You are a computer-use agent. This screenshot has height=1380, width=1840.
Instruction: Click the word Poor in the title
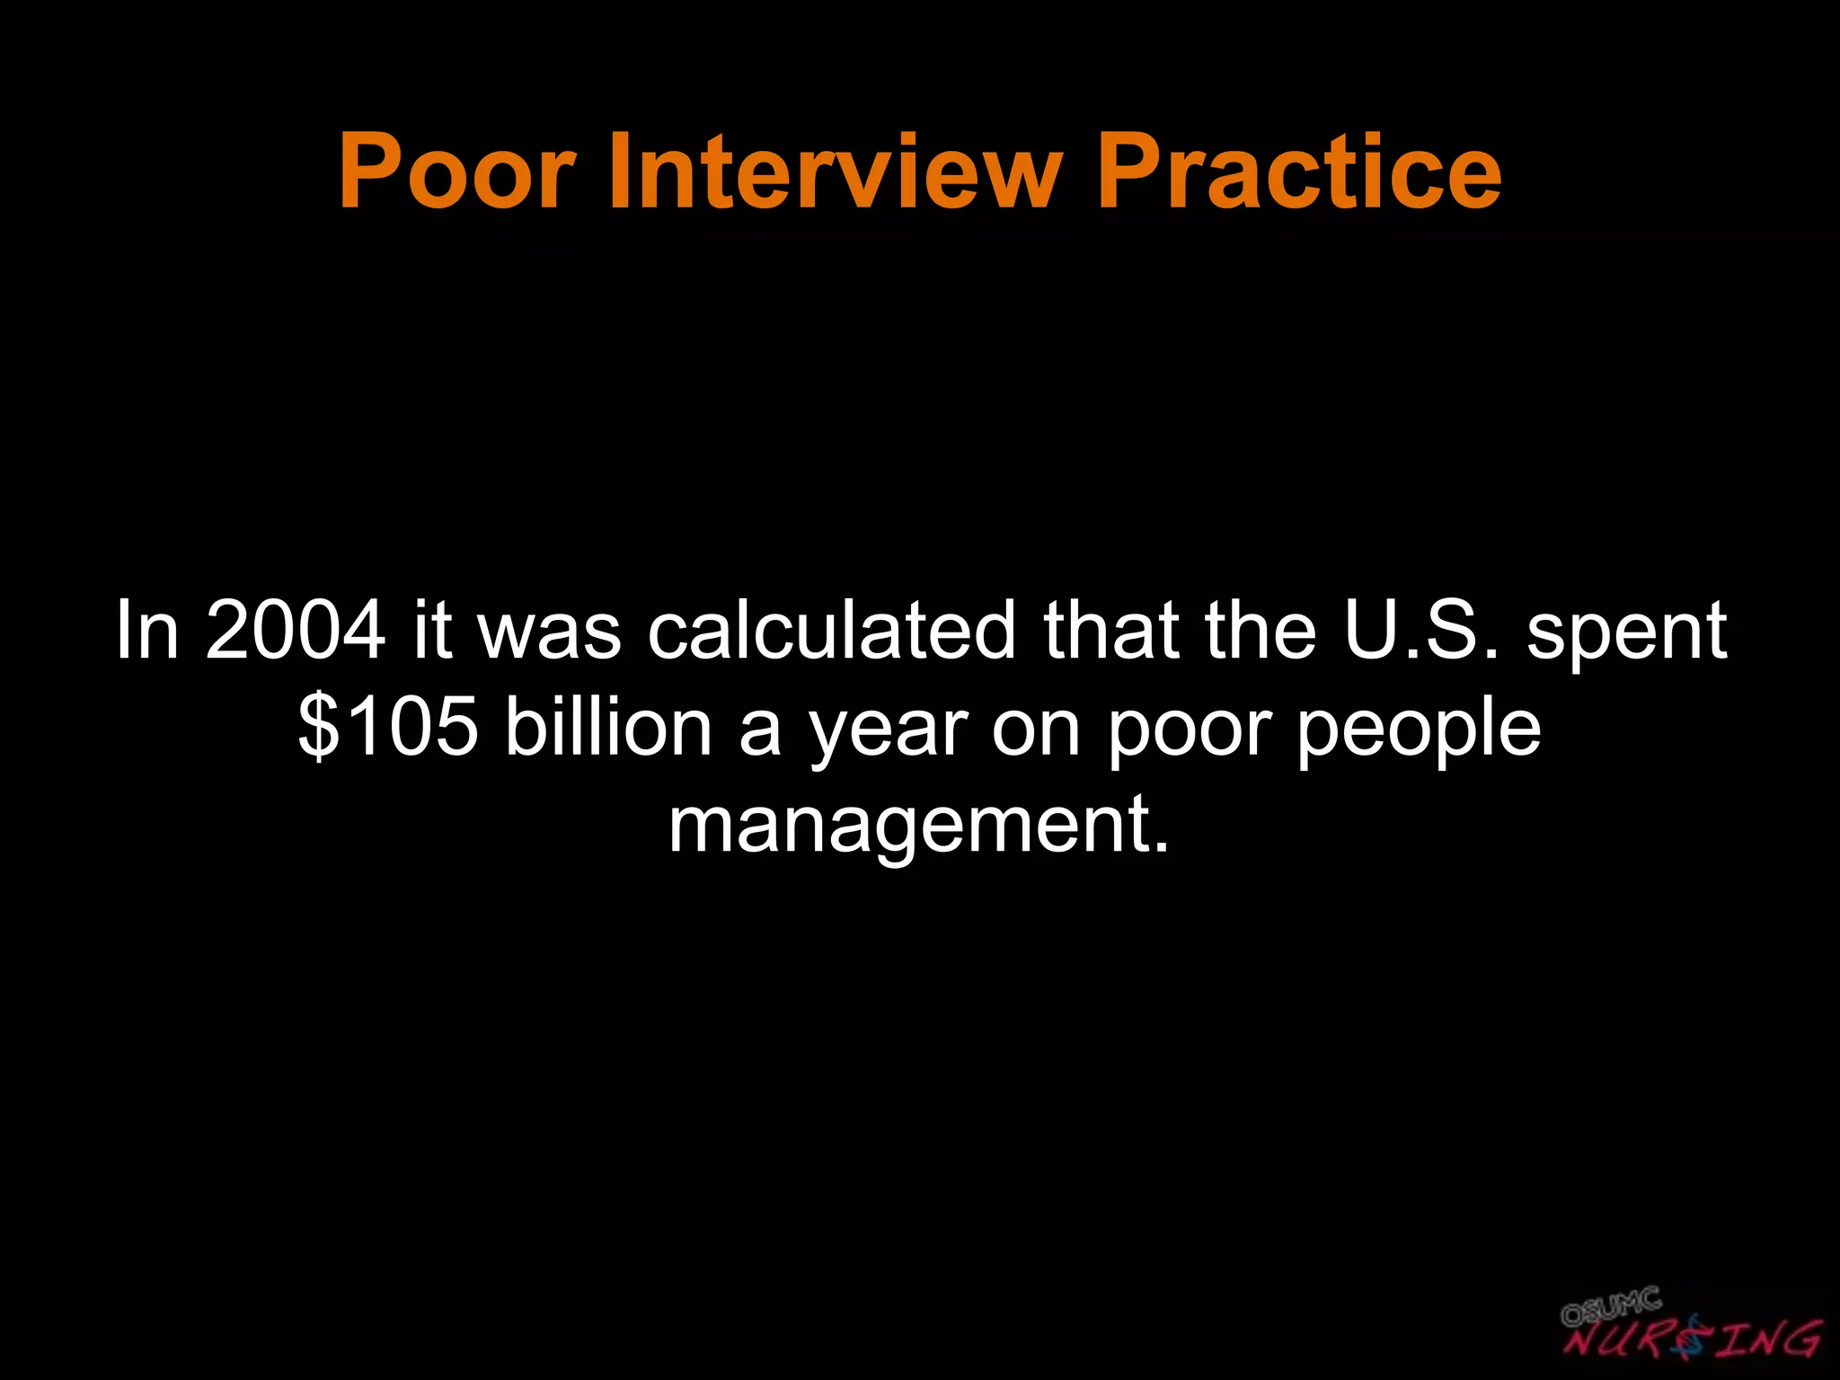[456, 171]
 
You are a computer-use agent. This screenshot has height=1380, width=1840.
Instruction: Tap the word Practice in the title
[1298, 171]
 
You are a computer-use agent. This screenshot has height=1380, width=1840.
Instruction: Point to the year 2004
[296, 631]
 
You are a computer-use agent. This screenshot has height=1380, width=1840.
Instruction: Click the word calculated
[832, 631]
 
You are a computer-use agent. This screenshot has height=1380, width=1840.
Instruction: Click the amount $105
[388, 728]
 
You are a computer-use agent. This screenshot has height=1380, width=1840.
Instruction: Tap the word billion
[608, 728]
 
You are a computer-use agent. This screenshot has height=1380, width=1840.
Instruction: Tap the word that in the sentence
[1110, 631]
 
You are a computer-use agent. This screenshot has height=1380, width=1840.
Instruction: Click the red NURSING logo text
[1694, 1341]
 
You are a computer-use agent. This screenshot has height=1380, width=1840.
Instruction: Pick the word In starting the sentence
[146, 631]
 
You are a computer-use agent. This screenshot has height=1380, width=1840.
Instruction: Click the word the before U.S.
[1261, 631]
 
